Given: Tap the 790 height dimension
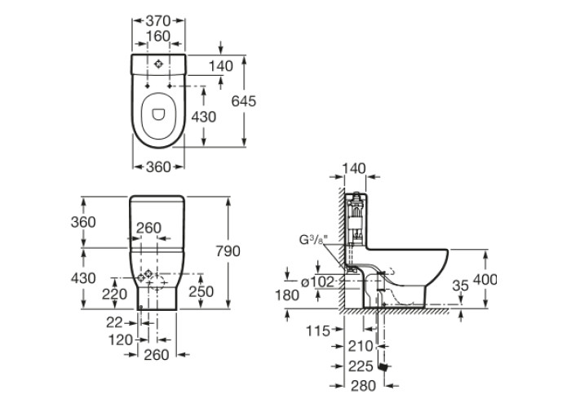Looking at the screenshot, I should [228, 251].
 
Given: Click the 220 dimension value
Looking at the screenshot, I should [114, 294].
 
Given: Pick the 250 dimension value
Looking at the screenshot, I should [201, 291].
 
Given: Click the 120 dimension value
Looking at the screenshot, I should [120, 339].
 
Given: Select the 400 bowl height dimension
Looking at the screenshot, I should [485, 279].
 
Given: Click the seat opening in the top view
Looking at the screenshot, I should [158, 115].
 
